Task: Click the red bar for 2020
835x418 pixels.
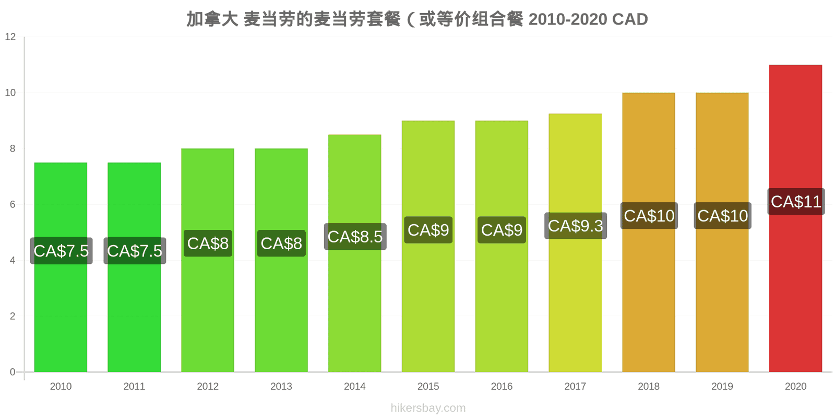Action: click(795, 218)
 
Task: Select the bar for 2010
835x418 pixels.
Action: click(61, 267)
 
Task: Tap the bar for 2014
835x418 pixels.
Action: click(354, 253)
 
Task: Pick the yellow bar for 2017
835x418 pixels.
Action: click(575, 243)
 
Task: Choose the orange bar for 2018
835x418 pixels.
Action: click(649, 233)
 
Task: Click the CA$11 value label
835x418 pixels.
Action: click(796, 202)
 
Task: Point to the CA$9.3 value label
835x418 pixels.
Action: click(576, 226)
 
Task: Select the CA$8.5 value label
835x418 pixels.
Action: click(355, 237)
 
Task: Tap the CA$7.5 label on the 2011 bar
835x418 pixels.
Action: click(135, 251)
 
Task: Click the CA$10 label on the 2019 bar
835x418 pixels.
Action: click(722, 216)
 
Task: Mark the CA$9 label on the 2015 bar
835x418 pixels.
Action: click(428, 230)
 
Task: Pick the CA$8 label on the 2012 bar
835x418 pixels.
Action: click(208, 243)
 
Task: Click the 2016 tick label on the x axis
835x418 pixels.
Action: click(502, 386)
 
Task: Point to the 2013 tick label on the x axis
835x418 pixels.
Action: click(281, 386)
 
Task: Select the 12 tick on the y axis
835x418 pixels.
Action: click(10, 37)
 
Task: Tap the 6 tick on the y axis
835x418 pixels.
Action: click(13, 204)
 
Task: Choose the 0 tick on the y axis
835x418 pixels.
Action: click(13, 372)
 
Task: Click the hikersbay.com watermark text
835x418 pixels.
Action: click(428, 408)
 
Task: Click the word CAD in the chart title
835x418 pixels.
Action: click(630, 19)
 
